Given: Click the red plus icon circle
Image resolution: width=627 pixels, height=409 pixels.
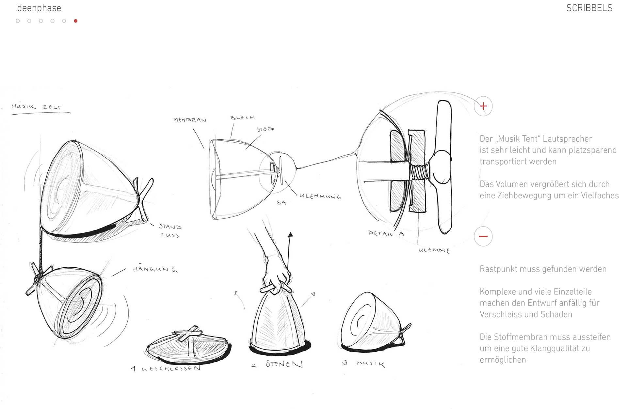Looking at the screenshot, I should (483, 106).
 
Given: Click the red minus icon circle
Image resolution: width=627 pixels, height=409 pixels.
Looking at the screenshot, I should (483, 236).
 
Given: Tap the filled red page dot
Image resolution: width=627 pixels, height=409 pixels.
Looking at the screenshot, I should (76, 21).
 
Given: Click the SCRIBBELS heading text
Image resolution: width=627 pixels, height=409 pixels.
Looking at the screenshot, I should (589, 8).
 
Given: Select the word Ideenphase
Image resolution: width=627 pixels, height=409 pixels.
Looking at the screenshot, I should (38, 8).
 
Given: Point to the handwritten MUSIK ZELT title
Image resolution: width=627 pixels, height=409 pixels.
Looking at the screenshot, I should (36, 107).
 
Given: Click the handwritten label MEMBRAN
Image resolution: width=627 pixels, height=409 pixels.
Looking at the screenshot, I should (190, 120).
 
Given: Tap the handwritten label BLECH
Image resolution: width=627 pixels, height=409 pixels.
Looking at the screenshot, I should (242, 118).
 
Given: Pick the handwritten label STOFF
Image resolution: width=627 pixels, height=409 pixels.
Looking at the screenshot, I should (266, 129).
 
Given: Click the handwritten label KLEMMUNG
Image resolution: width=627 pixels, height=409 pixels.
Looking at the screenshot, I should (320, 196).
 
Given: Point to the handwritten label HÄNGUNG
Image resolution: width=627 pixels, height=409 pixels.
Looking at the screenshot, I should (155, 269).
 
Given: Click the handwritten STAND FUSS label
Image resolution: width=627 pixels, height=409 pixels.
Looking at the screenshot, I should (170, 230).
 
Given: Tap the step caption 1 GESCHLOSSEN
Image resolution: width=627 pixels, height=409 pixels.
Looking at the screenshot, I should (166, 369).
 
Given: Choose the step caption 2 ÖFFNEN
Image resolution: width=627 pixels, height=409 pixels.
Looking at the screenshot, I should (278, 364).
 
